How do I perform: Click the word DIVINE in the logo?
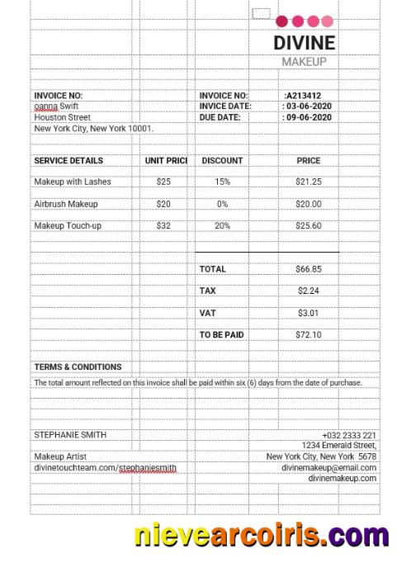304,43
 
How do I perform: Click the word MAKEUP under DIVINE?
304,62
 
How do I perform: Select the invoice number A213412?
303,96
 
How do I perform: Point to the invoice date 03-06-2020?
309,106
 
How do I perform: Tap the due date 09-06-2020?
309,117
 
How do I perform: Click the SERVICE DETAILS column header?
68,161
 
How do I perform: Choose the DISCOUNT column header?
222,161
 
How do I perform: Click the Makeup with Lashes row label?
73,182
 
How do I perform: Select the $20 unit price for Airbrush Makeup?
163,204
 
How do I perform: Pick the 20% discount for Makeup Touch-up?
222,225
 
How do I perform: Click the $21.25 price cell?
309,182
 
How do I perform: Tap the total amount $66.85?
309,269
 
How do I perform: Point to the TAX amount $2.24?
309,291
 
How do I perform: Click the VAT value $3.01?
309,313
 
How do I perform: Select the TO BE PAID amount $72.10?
309,335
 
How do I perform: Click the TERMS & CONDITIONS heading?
78,367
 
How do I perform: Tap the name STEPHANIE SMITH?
70,434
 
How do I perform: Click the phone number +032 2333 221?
349,435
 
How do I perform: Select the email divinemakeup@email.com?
328,467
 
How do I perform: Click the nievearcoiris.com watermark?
262,536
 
